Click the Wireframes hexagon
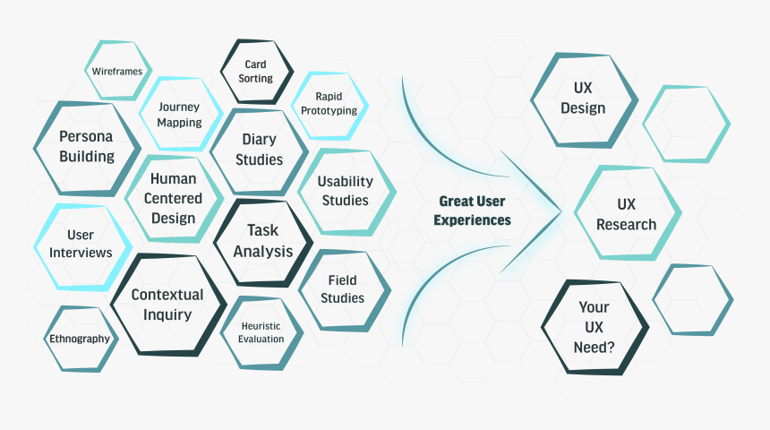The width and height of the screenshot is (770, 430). click(118, 71)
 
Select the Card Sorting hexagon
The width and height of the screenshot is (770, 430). click(256, 72)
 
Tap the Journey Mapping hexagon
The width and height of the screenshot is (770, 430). click(180, 114)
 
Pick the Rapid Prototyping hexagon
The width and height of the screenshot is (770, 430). click(329, 104)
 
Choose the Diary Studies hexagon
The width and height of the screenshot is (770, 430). click(260, 150)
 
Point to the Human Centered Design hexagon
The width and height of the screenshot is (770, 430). click(174, 198)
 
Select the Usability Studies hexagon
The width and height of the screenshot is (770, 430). click(346, 191)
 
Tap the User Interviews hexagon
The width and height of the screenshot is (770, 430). click(81, 245)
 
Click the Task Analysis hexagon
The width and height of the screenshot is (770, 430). click(263, 241)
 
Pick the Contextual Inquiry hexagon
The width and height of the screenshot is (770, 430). click(167, 305)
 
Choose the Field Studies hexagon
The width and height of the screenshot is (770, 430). click(343, 289)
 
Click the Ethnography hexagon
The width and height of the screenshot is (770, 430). click(80, 339)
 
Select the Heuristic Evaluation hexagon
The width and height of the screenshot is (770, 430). click(261, 332)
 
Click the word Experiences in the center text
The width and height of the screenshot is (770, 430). click(473, 220)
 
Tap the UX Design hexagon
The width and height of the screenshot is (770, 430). click(584, 99)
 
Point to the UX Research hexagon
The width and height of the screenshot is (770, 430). click(627, 213)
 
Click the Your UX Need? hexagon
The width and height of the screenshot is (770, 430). click(595, 327)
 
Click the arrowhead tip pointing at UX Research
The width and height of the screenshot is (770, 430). click(560, 212)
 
